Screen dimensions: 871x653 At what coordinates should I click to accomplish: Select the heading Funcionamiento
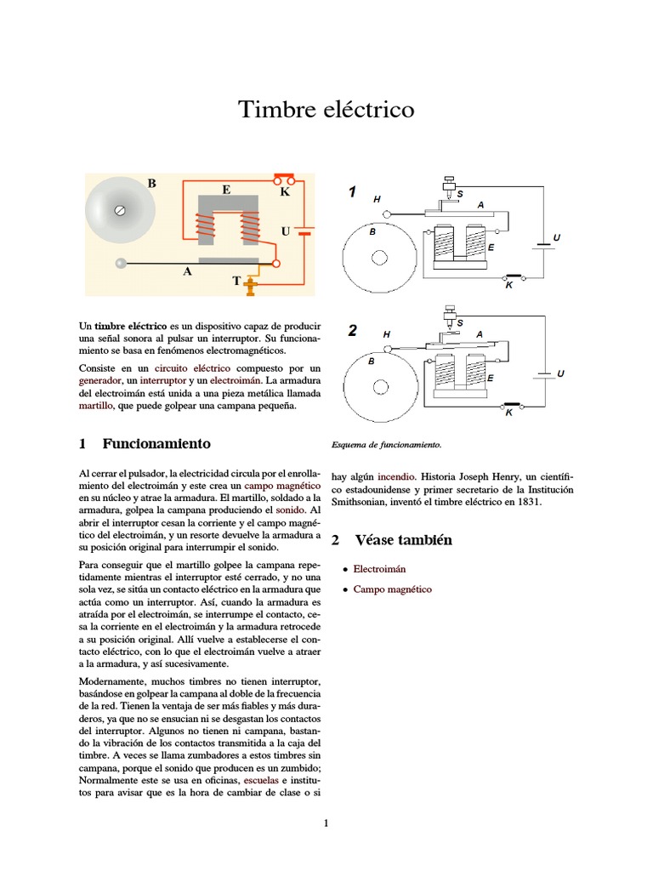click(156, 444)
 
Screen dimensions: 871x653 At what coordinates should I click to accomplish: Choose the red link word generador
click(99, 380)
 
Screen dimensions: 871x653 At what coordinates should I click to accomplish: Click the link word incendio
click(394, 477)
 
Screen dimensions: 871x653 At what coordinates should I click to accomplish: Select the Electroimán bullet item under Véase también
click(379, 568)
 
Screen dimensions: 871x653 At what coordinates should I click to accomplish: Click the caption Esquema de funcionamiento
click(385, 444)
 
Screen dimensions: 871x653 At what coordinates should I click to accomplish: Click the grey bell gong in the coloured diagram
click(120, 209)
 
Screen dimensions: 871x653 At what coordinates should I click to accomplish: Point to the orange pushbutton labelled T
click(250, 287)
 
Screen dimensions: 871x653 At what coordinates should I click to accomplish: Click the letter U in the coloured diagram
click(285, 231)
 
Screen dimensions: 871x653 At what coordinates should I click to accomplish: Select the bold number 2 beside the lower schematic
click(352, 332)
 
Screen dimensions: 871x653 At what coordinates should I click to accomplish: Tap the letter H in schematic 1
click(377, 199)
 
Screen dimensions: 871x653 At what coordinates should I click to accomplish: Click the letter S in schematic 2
click(460, 323)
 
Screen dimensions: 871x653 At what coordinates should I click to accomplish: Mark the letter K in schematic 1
click(508, 286)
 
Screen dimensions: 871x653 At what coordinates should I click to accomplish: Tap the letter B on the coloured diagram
click(152, 183)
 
